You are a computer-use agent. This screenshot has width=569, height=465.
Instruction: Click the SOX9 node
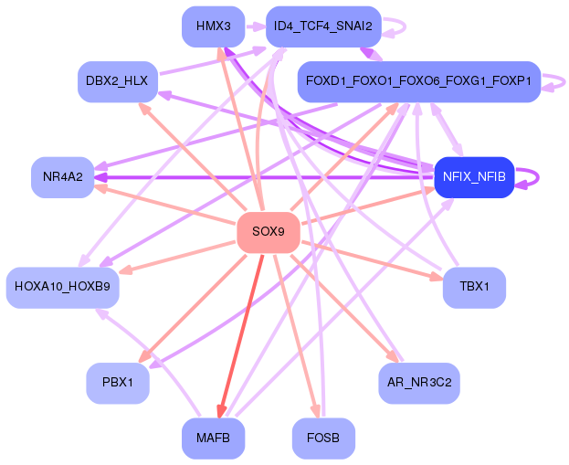tap(269, 232)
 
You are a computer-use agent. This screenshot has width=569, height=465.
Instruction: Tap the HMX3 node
tap(213, 26)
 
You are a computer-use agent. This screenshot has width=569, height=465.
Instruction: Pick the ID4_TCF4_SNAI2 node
tap(322, 26)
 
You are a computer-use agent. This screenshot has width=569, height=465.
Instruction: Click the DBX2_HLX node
tap(118, 81)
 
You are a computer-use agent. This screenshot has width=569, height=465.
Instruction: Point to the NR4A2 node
tap(62, 176)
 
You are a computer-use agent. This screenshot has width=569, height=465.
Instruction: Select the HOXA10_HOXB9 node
tap(62, 287)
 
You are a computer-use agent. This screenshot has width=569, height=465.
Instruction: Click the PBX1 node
tap(118, 383)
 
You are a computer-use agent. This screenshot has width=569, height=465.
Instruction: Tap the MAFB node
tap(213, 439)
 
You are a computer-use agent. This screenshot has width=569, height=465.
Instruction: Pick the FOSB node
tap(322, 439)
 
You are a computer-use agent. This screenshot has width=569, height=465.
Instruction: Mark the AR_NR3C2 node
tap(418, 383)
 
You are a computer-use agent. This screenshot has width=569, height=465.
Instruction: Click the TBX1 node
tap(474, 287)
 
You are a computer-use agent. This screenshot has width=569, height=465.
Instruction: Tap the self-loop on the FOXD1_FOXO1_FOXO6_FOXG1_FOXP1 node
tap(556, 81)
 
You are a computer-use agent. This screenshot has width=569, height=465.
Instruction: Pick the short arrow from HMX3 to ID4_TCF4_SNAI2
tap(255, 26)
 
